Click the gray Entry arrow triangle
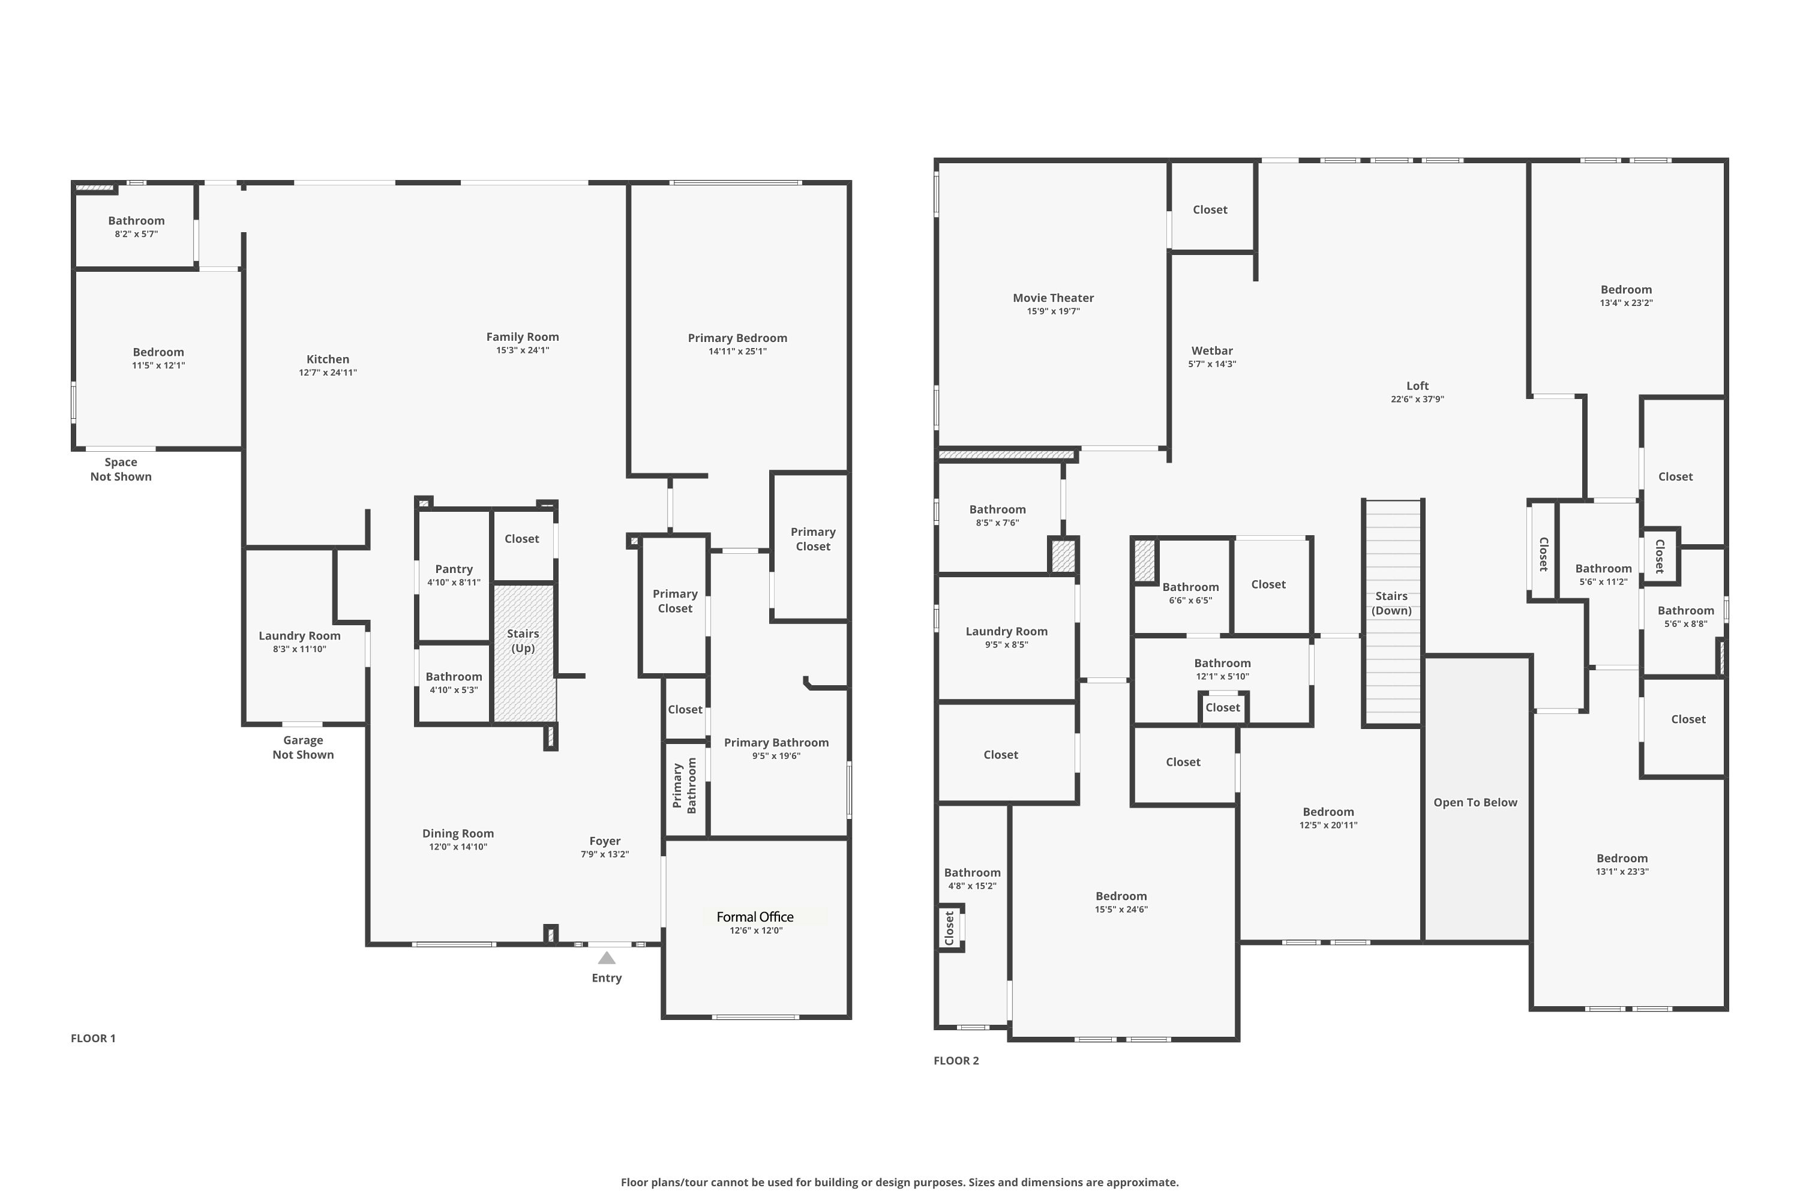pyautogui.click(x=607, y=958)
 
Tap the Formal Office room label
pyautogui.click(x=755, y=917)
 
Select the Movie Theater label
pyautogui.click(x=1053, y=298)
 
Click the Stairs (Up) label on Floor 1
pyautogui.click(x=523, y=641)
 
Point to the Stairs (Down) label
pyautogui.click(x=1391, y=603)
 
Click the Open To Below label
pyautogui.click(x=1475, y=802)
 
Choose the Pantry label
pyautogui.click(x=454, y=569)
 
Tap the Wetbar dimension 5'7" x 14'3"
pyautogui.click(x=1212, y=364)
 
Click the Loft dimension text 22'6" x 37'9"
pyautogui.click(x=1417, y=399)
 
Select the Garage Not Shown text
pyautogui.click(x=303, y=747)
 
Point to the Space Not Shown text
pyautogui.click(x=121, y=469)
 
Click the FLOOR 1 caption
pyautogui.click(x=94, y=1038)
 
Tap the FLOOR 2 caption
pyautogui.click(x=956, y=1060)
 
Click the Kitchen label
pyautogui.click(x=328, y=359)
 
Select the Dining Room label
pyautogui.click(x=458, y=833)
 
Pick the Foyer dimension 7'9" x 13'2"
pyautogui.click(x=605, y=854)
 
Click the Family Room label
pyautogui.click(x=523, y=337)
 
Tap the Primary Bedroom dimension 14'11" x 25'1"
pyautogui.click(x=738, y=351)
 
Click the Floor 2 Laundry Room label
pyautogui.click(x=1006, y=631)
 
